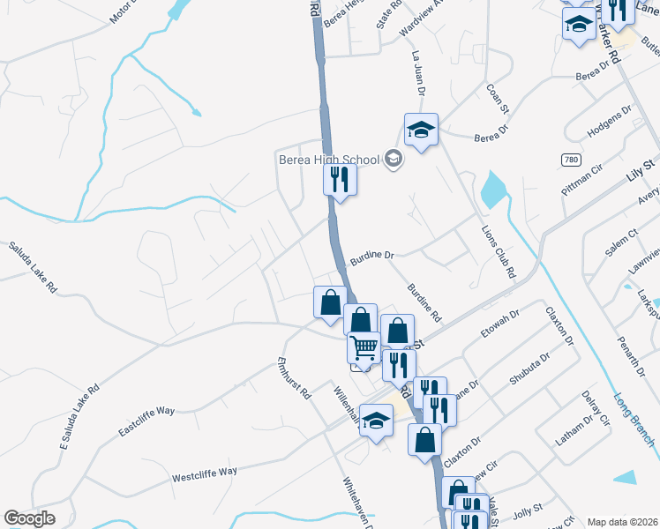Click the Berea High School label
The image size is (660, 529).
(328, 160)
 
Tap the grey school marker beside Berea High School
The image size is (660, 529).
(394, 160)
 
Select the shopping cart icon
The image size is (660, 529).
(364, 348)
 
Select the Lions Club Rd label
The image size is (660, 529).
(498, 250)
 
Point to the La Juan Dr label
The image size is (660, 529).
(418, 73)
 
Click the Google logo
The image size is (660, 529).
(29, 518)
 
